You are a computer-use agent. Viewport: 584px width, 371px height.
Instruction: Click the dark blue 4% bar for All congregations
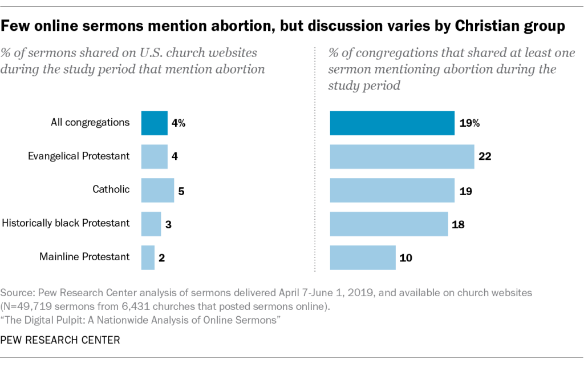154,123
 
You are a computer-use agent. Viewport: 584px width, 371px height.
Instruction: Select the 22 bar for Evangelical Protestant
401,156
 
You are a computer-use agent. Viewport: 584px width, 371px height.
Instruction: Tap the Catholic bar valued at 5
157,190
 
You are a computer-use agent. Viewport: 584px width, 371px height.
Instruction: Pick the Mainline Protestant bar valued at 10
363,257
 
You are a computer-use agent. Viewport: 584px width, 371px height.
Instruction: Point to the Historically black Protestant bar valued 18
388,224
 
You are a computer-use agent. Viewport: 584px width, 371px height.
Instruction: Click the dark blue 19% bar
392,123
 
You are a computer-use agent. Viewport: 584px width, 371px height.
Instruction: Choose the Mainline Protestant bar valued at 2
148,257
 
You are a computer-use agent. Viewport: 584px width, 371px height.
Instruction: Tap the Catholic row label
111,189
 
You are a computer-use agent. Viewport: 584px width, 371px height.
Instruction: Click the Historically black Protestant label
67,223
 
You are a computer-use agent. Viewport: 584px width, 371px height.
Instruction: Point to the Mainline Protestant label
84,257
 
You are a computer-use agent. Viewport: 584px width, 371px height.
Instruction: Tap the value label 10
406,257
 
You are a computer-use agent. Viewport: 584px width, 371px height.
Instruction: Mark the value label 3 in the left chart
168,224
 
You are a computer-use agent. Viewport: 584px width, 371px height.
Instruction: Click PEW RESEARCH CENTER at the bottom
60,340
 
